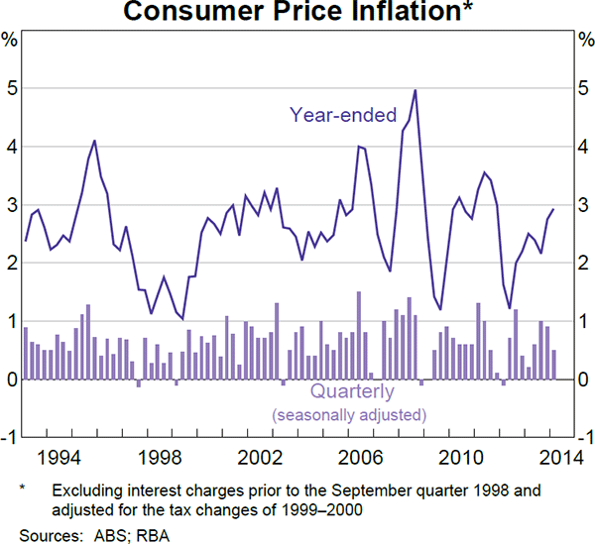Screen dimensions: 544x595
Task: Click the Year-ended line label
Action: [343, 115]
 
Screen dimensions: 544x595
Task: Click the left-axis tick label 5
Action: [10, 88]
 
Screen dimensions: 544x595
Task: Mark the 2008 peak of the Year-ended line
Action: [415, 90]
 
